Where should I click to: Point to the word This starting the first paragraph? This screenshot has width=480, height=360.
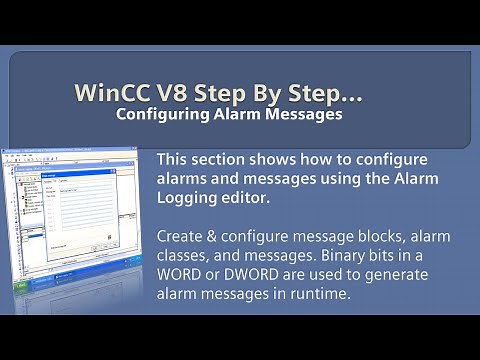click(x=176, y=161)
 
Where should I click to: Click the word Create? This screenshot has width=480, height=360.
click(x=184, y=237)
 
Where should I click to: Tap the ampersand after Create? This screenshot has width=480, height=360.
click(x=222, y=237)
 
